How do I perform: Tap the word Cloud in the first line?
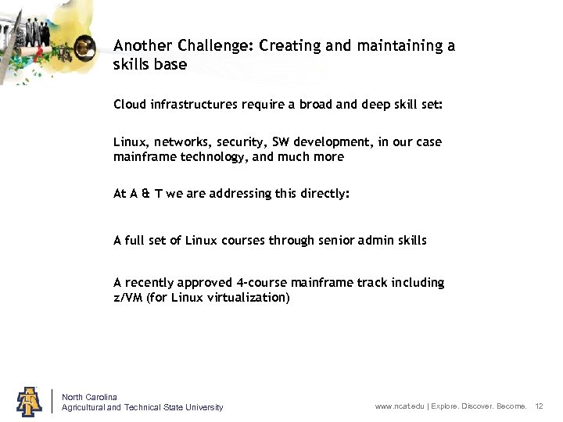coord(130,104)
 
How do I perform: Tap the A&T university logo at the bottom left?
coord(30,400)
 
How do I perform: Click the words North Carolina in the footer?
coord(89,397)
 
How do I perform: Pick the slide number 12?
coord(539,407)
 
